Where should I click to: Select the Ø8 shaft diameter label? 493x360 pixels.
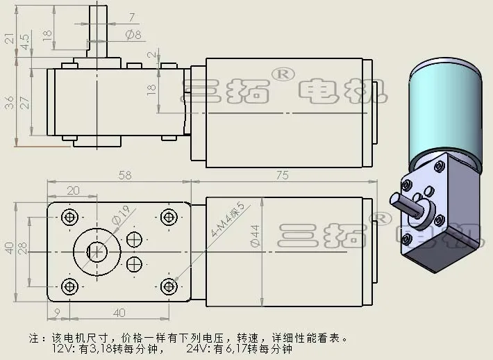coord(133,34)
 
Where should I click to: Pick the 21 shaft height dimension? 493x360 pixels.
coord(9,38)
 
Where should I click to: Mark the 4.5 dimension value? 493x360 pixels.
coord(25,42)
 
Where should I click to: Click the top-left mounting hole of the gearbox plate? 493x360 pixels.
coord(69,218)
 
